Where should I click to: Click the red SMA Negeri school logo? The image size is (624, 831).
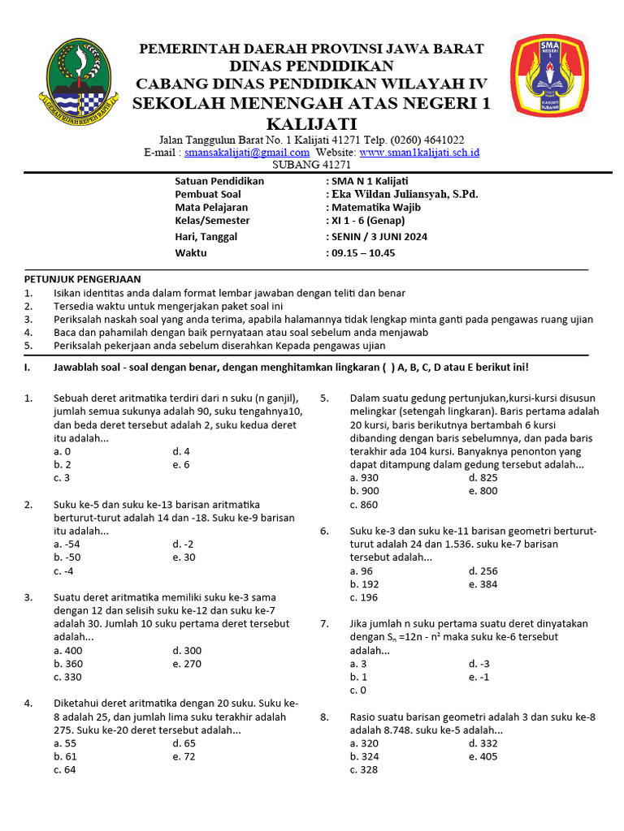tap(556, 76)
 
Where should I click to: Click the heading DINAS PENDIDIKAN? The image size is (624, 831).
tap(312, 66)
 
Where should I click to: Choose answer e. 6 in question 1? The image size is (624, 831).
tap(180, 464)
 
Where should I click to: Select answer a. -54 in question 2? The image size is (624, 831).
tap(67, 544)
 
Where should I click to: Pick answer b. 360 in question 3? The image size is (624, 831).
tap(68, 663)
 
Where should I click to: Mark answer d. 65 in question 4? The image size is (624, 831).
tap(184, 743)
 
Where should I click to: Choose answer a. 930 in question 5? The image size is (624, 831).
tap(363, 478)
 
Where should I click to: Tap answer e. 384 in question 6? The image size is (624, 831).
tap(483, 583)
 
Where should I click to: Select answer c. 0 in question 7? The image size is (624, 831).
tap(357, 690)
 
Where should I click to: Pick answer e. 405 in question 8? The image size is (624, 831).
tap(483, 756)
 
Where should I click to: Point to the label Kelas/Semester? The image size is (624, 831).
tap(212, 220)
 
